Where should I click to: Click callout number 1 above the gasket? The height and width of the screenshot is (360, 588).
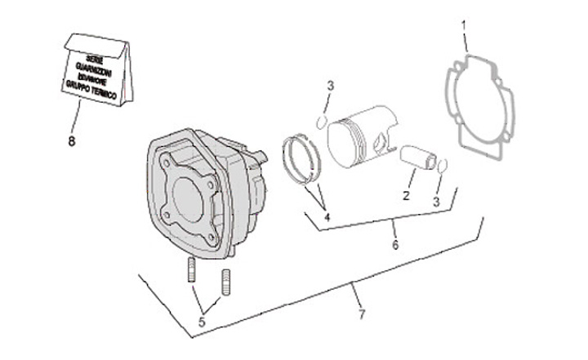click(464, 25)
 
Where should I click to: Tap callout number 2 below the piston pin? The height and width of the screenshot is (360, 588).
click(405, 195)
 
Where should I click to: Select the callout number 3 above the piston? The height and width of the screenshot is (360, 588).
click(330, 86)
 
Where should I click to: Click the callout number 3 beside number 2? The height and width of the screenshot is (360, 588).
click(437, 200)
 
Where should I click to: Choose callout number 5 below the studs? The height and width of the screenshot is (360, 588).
click(202, 322)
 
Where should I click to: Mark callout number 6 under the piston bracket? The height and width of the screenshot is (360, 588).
click(395, 245)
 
